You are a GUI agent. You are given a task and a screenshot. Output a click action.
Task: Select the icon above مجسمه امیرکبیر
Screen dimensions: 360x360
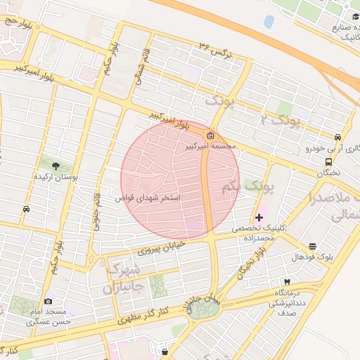(210, 136)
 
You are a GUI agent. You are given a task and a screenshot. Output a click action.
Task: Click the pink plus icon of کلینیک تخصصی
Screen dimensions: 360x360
(259, 217)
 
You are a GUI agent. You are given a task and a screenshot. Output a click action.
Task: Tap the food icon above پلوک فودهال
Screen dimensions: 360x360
(312, 246)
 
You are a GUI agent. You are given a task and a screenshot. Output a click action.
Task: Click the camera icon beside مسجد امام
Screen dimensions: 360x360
(48, 302)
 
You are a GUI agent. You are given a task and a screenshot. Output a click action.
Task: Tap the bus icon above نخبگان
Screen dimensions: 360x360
(329, 161)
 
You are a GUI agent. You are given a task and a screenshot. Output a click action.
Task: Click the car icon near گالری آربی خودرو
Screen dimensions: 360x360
(338, 137)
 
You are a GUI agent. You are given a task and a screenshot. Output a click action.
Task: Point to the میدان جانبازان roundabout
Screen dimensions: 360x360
(202, 307)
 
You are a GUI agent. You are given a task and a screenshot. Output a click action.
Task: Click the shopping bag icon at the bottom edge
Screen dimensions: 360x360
(165, 351)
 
